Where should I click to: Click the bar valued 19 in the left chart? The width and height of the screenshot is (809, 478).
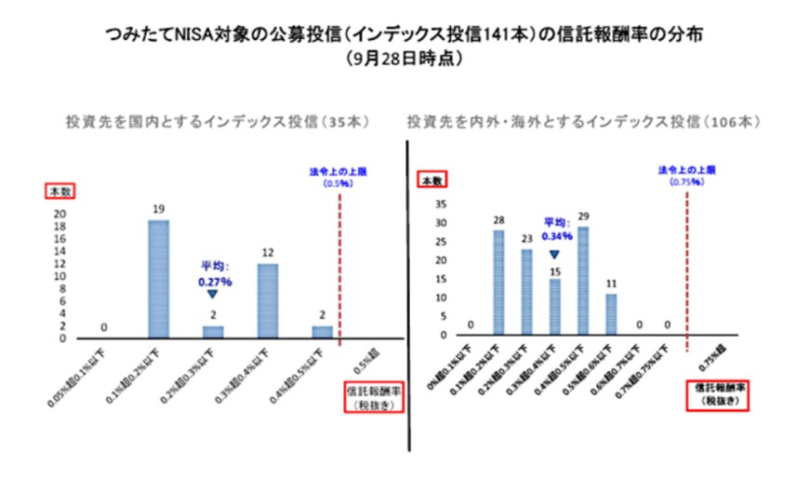coord(158,279)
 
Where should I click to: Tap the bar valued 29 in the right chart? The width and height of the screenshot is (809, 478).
coord(583,281)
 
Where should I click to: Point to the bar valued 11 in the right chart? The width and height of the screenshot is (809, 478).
coord(611,314)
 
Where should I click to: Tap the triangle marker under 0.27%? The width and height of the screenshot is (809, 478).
coord(213,295)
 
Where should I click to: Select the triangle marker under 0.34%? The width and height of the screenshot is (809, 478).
coord(555,254)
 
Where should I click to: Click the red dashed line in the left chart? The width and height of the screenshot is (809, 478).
coord(340,270)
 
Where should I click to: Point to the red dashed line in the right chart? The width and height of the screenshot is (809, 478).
coord(687,270)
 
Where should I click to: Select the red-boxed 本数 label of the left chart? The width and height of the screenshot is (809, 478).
coord(60,190)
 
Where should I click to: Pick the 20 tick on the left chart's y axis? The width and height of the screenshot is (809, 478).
coord(60,213)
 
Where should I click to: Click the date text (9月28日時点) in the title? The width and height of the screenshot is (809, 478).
coord(404,58)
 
